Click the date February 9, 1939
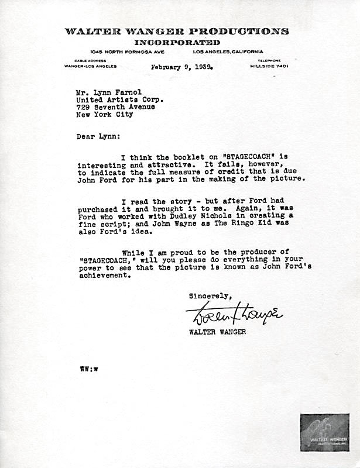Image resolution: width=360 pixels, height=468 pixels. tap(181, 67)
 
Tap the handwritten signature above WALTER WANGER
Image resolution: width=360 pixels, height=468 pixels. tap(234, 316)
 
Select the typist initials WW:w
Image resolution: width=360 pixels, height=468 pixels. tap(89, 370)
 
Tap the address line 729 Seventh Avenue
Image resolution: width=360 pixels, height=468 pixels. tap(115, 107)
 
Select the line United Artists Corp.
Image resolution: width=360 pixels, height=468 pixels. tap(119, 100)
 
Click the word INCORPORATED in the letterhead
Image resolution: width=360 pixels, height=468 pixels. tap(177, 43)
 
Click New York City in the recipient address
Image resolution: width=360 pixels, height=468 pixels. tap(105, 115)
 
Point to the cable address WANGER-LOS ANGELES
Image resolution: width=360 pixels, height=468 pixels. tap(90, 66)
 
